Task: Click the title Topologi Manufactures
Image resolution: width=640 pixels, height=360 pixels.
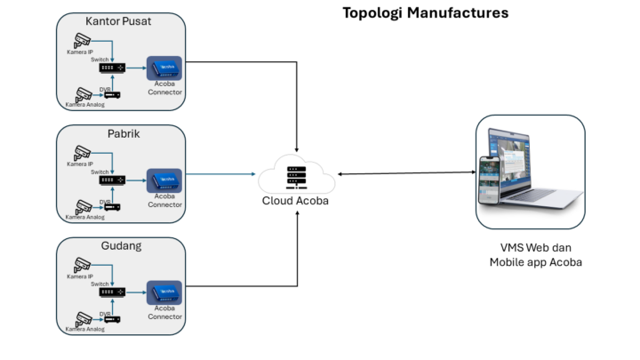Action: click(x=425, y=13)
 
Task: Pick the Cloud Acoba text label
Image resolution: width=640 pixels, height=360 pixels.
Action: click(x=297, y=201)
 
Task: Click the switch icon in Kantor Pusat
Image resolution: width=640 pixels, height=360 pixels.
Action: click(x=111, y=68)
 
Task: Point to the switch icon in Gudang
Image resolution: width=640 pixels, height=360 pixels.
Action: click(x=111, y=292)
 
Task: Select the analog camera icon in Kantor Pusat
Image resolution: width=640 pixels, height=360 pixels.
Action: click(x=84, y=93)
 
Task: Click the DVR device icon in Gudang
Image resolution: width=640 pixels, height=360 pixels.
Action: click(x=111, y=319)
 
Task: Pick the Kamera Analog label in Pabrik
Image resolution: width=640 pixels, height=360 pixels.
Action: click(x=84, y=217)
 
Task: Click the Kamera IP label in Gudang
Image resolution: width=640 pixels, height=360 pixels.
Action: click(x=79, y=277)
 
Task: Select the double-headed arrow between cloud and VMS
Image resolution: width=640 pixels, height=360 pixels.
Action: click(x=405, y=174)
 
